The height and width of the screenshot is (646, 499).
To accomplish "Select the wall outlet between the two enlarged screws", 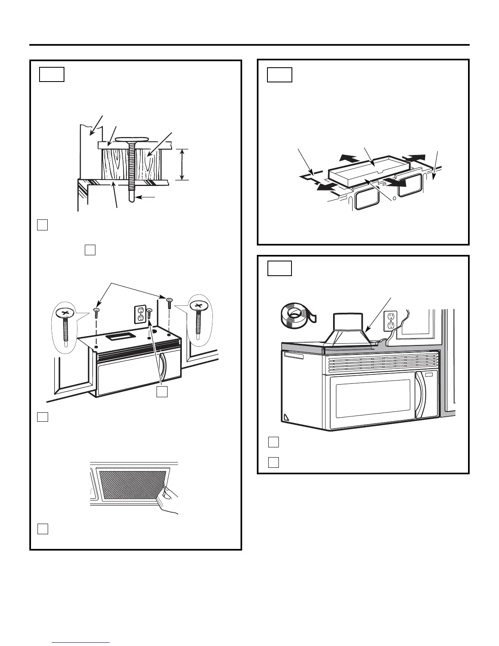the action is point(140,314).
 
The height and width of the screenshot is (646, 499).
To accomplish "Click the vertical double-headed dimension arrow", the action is point(182,164).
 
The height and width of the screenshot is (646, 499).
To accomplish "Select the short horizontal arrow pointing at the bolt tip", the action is point(146,197).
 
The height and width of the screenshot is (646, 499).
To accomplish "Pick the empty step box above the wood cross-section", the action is point(52,75).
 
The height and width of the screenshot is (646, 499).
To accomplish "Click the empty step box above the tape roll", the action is point(279,269).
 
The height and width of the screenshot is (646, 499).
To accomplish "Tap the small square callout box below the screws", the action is point(162,392).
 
